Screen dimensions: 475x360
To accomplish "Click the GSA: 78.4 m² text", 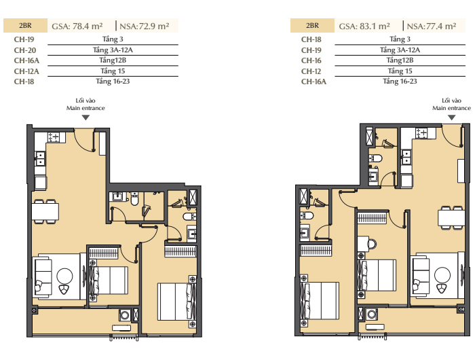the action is coord(77,26).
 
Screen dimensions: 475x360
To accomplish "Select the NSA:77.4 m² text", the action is coord(432,26).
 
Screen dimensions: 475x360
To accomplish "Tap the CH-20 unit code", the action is coord(25,50).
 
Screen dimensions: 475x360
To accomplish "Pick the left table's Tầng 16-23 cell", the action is coord(113,82).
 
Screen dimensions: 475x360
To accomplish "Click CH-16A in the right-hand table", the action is coord(313,82).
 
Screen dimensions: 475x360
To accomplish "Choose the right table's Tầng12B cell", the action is coord(400,60).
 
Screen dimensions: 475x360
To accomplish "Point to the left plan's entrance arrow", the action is coord(85,118).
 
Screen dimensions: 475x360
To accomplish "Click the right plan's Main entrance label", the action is coord(451,108).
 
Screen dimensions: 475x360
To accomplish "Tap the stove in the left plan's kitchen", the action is coord(54,137).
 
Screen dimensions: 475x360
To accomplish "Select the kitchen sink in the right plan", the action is coord(406,157).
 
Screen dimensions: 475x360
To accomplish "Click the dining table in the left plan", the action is coord(45,212).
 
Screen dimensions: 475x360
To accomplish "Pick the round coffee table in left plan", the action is coord(64,276).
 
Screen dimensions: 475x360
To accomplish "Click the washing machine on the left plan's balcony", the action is coord(125,315).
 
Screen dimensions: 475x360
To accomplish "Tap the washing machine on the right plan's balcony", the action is coord(372,314).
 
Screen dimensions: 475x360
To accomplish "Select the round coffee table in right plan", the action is coord(442,275).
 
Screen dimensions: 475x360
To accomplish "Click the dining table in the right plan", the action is coord(451,217).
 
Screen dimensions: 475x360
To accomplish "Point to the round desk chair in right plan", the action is coord(372,244).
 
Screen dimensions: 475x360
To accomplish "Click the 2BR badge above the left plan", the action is coord(25,26).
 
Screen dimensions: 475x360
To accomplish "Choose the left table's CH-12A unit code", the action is coord(26,71).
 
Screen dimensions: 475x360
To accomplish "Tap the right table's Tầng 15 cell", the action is coord(400,71).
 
